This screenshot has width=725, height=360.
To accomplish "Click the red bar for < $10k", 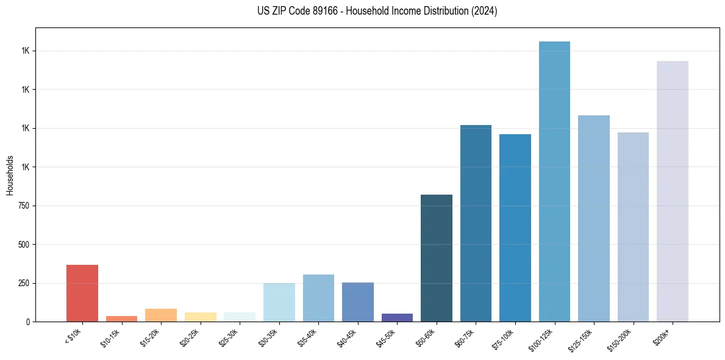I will (82, 293).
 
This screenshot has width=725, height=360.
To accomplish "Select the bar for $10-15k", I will (121, 319).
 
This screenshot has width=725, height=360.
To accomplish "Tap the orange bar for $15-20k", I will (161, 315).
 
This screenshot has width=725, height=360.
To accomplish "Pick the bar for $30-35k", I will (279, 302).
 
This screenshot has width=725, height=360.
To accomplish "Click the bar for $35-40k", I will (318, 298).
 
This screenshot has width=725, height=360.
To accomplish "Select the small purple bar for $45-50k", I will (397, 317).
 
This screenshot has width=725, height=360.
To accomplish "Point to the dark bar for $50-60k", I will (437, 258).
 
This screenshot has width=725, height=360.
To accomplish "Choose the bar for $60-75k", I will (476, 223).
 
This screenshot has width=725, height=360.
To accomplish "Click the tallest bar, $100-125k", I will (554, 181).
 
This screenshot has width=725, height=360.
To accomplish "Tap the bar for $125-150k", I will (594, 218).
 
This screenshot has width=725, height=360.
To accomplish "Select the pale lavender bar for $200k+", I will (673, 191).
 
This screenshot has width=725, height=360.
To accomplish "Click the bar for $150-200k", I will (633, 227).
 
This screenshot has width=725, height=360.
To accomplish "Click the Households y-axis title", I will (10, 175).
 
